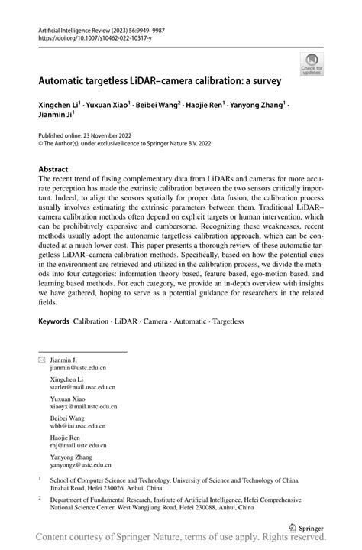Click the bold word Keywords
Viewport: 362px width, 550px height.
(x=54, y=321)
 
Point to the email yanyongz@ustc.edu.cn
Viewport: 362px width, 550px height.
(x=80, y=464)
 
